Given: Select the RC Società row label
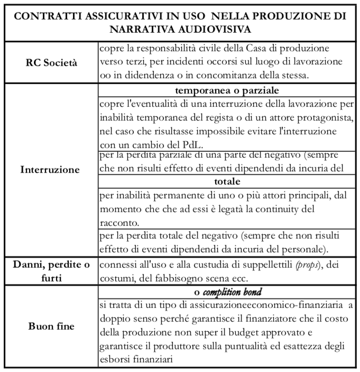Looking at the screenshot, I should click(x=51, y=62).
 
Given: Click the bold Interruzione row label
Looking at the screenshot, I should click(x=50, y=170).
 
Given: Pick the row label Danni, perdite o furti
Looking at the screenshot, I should click(x=50, y=270).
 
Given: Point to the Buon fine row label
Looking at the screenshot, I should click(x=51, y=326).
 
